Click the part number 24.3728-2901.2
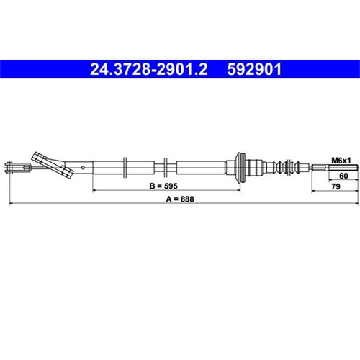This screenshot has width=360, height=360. coord(148,69)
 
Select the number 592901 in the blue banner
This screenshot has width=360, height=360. coord(254,69)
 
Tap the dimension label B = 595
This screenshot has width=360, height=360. coord(163,186)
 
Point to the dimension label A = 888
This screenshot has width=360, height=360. coord(180,199)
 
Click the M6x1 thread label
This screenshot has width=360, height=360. coord(341,161)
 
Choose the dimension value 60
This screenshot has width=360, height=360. coord(343,176)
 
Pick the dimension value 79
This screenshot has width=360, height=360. coord(336,186)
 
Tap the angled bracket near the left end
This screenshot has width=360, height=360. coord(53,165)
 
